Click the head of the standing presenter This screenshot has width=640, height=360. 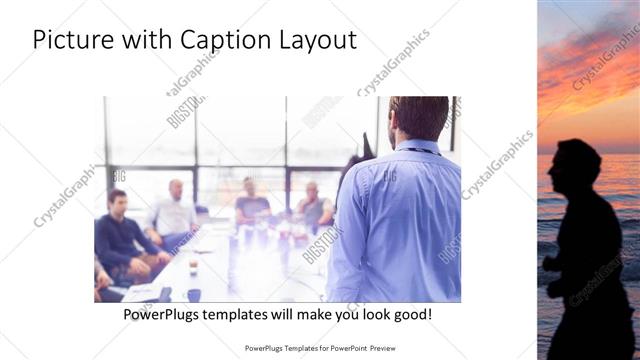tap(417, 118)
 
